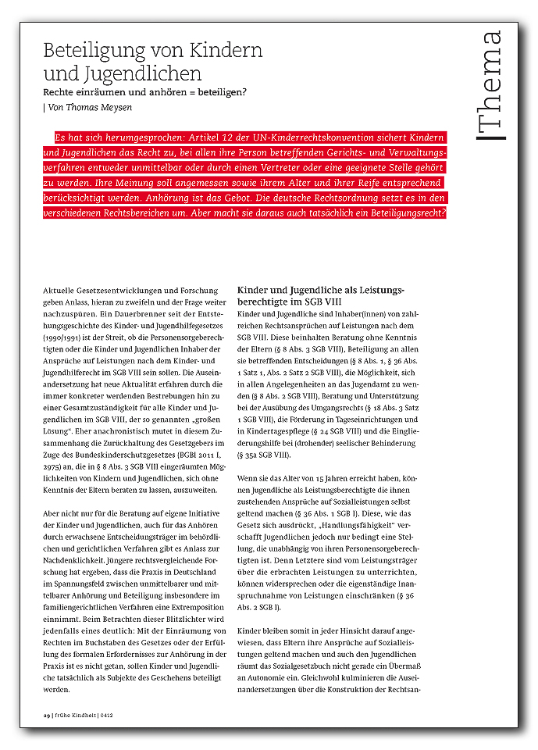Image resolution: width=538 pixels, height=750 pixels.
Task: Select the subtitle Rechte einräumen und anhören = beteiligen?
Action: pyautogui.click(x=145, y=92)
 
